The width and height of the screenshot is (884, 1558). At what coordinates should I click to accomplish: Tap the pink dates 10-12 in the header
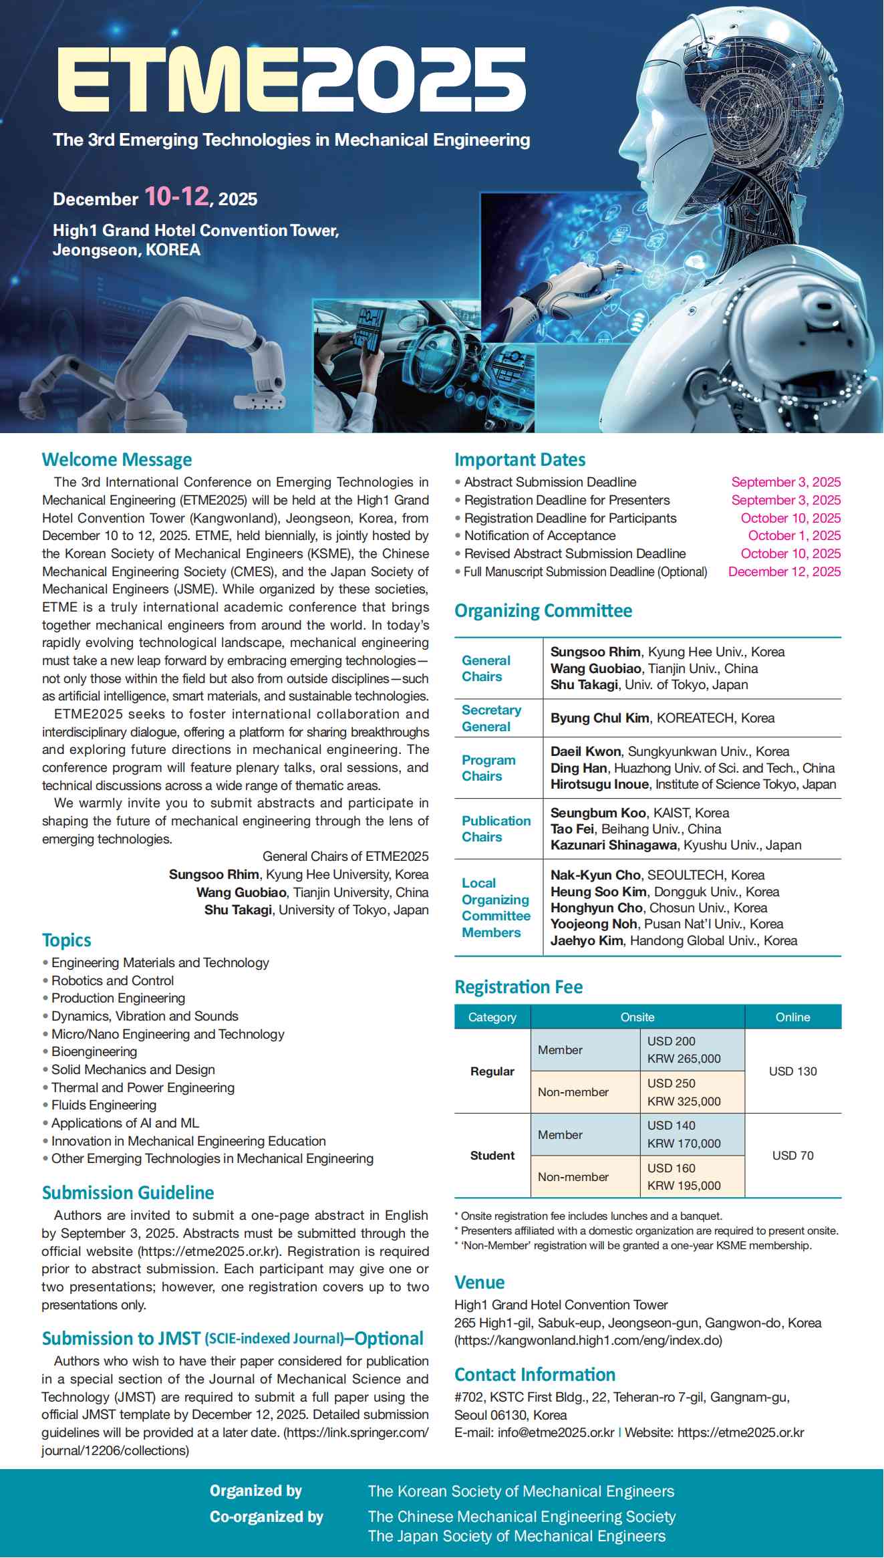[x=176, y=197]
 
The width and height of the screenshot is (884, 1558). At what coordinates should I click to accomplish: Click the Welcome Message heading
[x=117, y=460]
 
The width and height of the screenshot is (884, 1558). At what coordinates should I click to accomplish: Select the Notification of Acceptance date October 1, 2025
[x=794, y=536]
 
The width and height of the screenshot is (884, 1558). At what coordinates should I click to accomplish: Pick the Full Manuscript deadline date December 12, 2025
[x=784, y=572]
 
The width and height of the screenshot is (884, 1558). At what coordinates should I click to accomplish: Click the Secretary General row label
[x=491, y=719]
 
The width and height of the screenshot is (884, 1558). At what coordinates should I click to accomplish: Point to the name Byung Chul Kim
[x=599, y=719]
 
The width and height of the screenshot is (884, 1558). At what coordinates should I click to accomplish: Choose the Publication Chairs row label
[x=496, y=829]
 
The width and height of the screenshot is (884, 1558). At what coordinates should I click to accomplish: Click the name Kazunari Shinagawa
[x=613, y=846]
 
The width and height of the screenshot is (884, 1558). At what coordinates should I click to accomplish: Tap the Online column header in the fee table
[x=792, y=1017]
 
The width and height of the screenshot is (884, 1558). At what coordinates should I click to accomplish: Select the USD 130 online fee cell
[x=792, y=1071]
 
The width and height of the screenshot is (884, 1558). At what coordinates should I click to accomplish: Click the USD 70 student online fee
[x=792, y=1156]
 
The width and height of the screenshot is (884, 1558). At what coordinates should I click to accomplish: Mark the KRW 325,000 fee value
[x=684, y=1101]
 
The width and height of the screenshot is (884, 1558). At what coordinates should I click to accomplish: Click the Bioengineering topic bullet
[x=94, y=1052]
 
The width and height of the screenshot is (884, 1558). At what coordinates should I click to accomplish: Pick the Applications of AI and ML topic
[x=125, y=1124]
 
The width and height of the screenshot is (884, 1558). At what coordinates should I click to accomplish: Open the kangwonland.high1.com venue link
[x=588, y=1341]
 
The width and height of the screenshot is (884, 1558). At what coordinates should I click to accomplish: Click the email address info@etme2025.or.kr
[x=555, y=1433]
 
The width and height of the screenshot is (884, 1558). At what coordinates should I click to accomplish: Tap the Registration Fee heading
[x=519, y=987]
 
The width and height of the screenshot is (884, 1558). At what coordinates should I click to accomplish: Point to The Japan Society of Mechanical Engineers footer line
[x=517, y=1536]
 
